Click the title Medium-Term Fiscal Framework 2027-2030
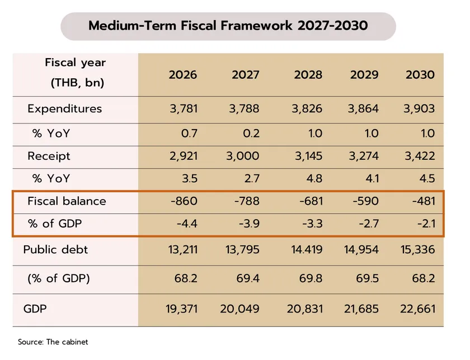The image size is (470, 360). point(228,26)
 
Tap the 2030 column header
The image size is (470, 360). point(420,74)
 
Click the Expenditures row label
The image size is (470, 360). point(65,108)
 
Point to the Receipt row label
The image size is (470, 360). point(49,156)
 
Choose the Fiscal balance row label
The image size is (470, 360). point(67,201)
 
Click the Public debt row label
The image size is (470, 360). point(56,249)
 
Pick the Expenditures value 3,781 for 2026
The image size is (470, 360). point(182,108)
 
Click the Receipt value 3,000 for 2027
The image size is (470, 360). point(244,156)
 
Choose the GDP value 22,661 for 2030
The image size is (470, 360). point(416,309)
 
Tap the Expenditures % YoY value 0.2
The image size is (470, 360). point(250,134)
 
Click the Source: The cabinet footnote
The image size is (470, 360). point(53,342)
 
